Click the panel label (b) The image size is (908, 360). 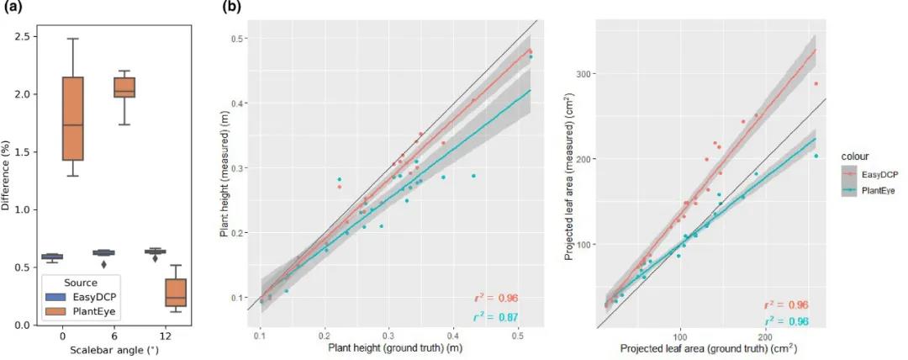click(232, 8)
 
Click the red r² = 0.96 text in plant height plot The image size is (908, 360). click(494, 298)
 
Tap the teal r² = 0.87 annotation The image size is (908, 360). click(494, 317)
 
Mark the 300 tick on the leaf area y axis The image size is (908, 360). click(582, 74)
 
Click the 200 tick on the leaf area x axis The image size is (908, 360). click(765, 336)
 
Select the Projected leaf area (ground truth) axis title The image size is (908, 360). click(709, 347)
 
